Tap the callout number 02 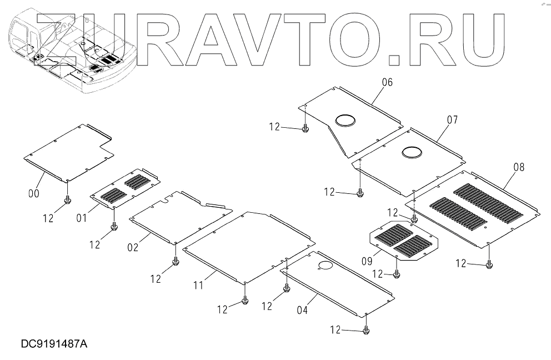pyautogui.click(x=133, y=247)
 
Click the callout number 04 pyautogui.click(x=302, y=311)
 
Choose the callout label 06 pyautogui.click(x=387, y=82)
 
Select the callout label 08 pyautogui.click(x=519, y=167)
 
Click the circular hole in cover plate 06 pyautogui.click(x=345, y=119)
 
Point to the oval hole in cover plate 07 pyautogui.click(x=413, y=152)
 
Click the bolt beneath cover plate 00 pyautogui.click(x=67, y=199)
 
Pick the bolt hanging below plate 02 pyautogui.click(x=176, y=262)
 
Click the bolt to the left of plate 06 pyautogui.click(x=305, y=129)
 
